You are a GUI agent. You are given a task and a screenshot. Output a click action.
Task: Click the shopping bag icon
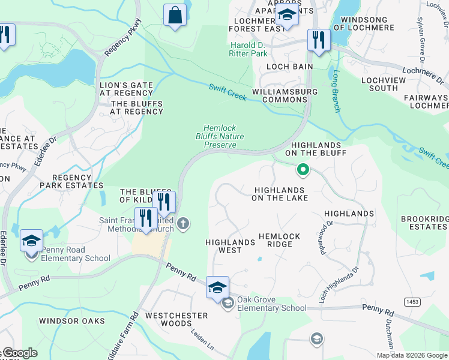(x=175, y=16)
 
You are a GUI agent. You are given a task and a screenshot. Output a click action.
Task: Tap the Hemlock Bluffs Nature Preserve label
(x=224, y=136)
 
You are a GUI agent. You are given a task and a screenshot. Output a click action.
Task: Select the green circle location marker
(x=303, y=170)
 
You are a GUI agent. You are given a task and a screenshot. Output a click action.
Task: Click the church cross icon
(x=184, y=224)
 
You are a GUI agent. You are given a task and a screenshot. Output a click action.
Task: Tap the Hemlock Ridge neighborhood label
(x=279, y=241)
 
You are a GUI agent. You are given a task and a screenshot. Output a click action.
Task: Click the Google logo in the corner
(x=19, y=353)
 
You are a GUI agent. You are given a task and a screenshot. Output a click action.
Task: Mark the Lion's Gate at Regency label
(x=126, y=89)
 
